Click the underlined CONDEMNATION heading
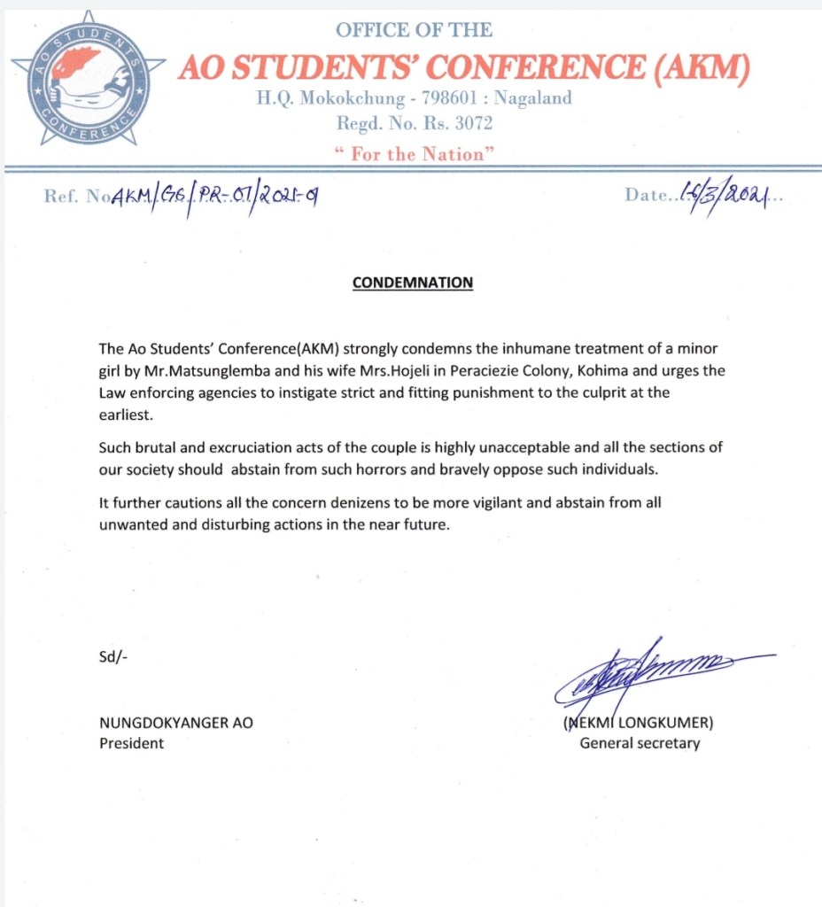pyautogui.click(x=413, y=283)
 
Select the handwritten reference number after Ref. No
pyautogui.click(x=213, y=195)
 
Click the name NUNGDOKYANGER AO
pyautogui.click(x=175, y=722)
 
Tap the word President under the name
pyautogui.click(x=131, y=743)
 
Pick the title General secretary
pyautogui.click(x=640, y=743)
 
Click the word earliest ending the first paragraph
pyautogui.click(x=126, y=412)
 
